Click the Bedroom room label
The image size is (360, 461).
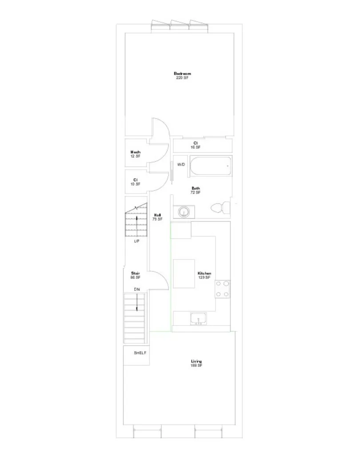coord(182,74)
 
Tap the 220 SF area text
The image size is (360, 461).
coord(182,78)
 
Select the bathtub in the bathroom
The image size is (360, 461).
coord(211,167)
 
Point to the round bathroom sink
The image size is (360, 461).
coord(184,212)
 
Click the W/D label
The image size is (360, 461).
coord(181,165)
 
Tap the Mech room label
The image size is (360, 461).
coord(136,152)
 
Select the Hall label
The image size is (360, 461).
coord(157,215)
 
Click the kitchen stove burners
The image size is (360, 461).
coord(222,289)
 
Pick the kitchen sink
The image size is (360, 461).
coord(198,318)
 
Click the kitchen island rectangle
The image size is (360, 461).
coord(184,274)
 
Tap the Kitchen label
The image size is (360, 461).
coord(204,274)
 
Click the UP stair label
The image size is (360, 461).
coord(136,242)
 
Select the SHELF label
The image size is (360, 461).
coord(140,353)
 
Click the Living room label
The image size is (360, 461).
coord(196,362)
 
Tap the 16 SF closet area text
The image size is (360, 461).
coord(196,147)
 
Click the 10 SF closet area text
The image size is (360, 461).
coord(135,184)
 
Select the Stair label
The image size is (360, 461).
coord(136,274)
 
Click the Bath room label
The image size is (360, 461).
coord(196,188)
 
